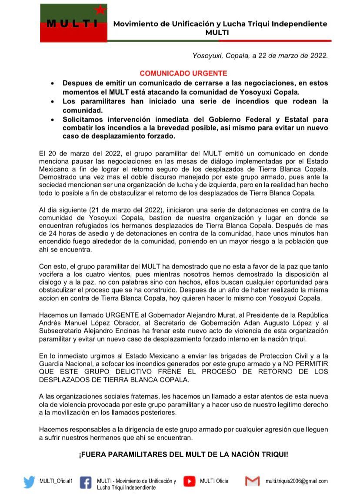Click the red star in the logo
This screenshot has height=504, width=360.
pyautogui.click(x=100, y=10)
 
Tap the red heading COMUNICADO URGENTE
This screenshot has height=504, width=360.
pyautogui.click(x=183, y=73)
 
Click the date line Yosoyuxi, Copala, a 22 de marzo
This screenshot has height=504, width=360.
pyautogui.click(x=260, y=56)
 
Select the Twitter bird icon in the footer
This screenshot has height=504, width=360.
pyautogui.click(x=30, y=482)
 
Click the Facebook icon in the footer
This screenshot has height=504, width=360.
pyautogui.click(x=86, y=483)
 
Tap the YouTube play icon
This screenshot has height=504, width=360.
pyautogui.click(x=189, y=481)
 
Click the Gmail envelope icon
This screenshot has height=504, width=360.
pyautogui.click(x=252, y=481)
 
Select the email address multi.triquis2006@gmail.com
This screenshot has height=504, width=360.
pyautogui.click(x=297, y=481)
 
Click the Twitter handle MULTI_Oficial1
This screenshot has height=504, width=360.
pyautogui.click(x=56, y=481)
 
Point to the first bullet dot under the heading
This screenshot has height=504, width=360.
pyautogui.click(x=53, y=83)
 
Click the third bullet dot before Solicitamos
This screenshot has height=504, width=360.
pyautogui.click(x=53, y=119)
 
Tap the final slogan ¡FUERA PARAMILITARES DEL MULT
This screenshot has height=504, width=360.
pyautogui.click(x=183, y=454)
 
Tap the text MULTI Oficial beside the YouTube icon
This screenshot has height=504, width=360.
pyautogui.click(x=214, y=481)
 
